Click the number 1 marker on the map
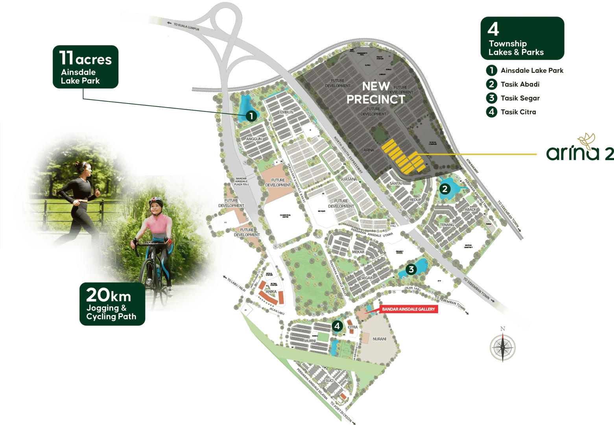[x=251, y=116]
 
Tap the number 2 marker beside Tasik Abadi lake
[x=445, y=189]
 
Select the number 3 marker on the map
[x=411, y=269]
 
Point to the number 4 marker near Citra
[x=337, y=326]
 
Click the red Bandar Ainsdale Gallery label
[x=408, y=309]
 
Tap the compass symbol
[x=503, y=346]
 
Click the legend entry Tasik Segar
[x=520, y=98]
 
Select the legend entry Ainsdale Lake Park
[x=531, y=70]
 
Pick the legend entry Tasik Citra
[x=518, y=112]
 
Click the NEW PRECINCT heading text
[x=376, y=93]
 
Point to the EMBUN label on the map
[x=286, y=112]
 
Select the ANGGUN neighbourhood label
[x=254, y=139]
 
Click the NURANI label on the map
[x=379, y=339]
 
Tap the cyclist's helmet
[x=156, y=201]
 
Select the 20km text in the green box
[x=109, y=295]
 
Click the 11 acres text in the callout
[x=85, y=59]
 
